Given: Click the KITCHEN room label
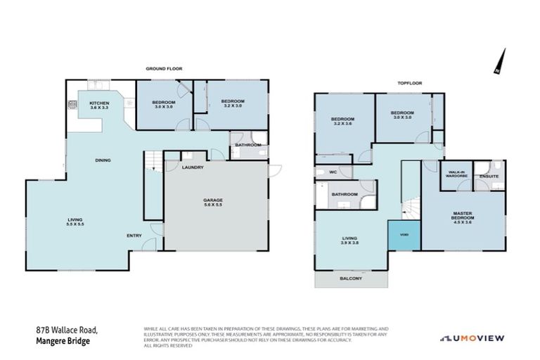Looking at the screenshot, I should coord(99,103).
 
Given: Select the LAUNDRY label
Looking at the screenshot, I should coord(193,167).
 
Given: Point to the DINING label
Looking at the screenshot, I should coord(103,160).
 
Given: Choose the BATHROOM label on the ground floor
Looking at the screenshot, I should coord(248,145).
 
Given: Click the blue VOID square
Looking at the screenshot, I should coord(404,235).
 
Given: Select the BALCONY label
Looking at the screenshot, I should coord(350,279).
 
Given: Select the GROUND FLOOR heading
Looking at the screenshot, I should coord(164,69).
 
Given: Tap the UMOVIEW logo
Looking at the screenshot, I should coord(472,338).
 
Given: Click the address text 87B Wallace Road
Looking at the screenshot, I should coord(67,329).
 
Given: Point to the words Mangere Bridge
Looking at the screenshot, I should coord(63,341).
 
